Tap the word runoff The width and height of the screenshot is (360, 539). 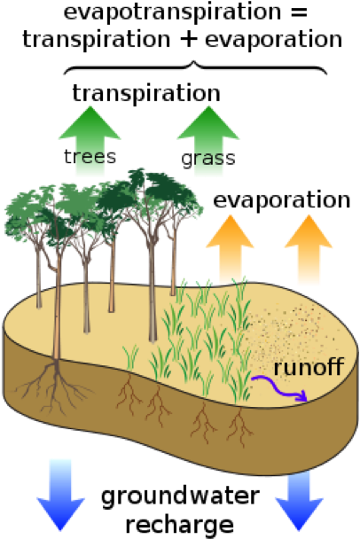coord(308,366)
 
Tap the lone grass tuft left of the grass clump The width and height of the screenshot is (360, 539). coord(131,356)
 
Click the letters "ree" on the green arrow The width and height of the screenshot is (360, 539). coord(90,157)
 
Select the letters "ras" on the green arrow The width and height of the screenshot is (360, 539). coord(208,158)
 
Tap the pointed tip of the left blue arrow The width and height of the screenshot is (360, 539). coord(61,529)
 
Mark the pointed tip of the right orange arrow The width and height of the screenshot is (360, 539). coord(309,215)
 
